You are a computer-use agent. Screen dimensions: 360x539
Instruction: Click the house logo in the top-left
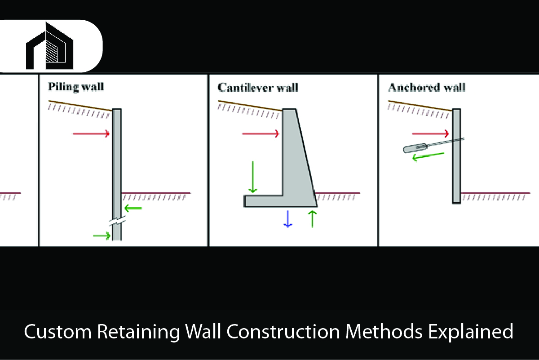tap(49, 46)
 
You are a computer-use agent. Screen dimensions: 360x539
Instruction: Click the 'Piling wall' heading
tap(76, 86)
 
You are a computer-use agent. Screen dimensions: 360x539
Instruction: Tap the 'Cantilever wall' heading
tap(258, 87)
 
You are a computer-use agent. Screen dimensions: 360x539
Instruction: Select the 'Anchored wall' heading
tap(426, 87)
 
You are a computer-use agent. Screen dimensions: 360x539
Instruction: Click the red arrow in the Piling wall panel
tap(91, 133)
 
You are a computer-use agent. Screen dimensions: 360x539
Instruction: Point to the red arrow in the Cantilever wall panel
tap(261, 133)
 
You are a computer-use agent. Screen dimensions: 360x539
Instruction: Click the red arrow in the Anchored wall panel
tap(430, 133)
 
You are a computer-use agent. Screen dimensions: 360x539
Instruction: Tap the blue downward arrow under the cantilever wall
tap(288, 219)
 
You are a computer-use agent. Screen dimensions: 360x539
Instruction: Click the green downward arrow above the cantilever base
tap(253, 177)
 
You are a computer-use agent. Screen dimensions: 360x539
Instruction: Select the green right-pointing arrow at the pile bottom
tap(102, 235)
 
